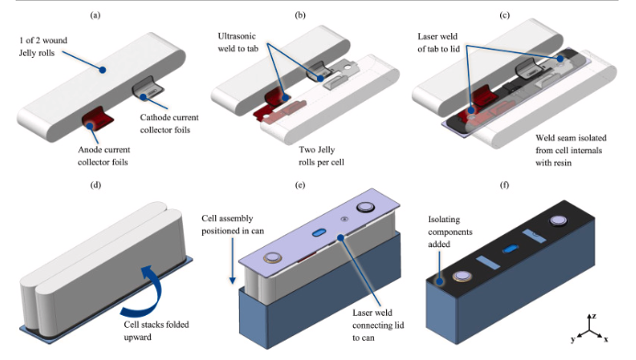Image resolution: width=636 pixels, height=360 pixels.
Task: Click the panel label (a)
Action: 96,16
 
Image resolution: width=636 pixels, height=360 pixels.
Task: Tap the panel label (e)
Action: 301,186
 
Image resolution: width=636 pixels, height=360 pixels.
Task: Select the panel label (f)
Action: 505,186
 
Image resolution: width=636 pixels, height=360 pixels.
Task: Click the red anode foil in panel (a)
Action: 97,119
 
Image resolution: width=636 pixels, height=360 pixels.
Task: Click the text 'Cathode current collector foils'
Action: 169,124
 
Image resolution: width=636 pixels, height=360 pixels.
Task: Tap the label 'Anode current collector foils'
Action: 104,156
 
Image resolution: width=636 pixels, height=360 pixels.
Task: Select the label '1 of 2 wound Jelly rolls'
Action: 43,47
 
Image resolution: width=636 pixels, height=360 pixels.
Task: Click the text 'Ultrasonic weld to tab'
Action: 238,42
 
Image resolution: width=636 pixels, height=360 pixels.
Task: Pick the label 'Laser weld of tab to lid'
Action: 438,42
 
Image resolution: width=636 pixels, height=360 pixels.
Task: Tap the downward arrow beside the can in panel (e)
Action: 233,262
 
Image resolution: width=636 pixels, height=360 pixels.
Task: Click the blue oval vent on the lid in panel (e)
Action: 319,232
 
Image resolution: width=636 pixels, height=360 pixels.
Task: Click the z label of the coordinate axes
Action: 594,316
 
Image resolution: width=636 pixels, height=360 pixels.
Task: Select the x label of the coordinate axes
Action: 606,339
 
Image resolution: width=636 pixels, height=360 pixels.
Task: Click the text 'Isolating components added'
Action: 450,232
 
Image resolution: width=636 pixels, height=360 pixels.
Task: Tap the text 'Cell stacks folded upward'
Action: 156,331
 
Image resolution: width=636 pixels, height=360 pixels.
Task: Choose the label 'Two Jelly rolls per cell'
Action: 322,156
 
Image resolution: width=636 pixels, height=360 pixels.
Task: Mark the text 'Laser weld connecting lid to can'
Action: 378,325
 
